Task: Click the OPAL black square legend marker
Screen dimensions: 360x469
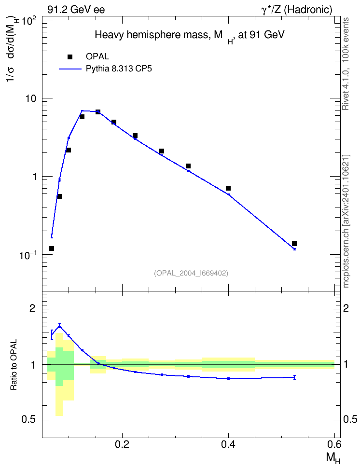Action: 70,57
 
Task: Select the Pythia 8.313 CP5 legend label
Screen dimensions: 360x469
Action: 119,69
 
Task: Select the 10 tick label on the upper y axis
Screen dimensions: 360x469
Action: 30,99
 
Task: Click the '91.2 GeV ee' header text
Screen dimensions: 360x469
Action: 76,10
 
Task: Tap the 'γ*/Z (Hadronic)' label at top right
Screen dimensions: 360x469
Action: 297,10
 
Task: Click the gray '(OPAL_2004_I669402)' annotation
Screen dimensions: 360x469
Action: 191,273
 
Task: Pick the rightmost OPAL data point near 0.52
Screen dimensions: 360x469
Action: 294,244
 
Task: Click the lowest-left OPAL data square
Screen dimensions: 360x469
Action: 52,248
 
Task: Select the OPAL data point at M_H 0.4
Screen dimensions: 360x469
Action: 228,188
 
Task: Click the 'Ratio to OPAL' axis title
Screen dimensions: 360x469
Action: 14,365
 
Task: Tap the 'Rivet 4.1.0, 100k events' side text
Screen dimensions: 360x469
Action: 346,64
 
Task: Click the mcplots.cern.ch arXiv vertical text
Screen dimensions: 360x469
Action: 346,221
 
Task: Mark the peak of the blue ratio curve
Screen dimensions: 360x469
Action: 59,326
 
